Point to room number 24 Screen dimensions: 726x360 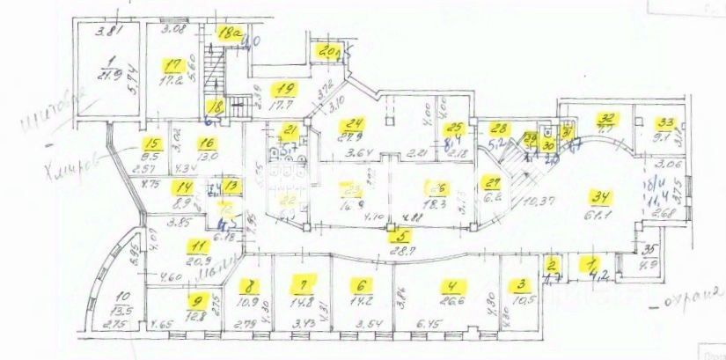pos(355,123)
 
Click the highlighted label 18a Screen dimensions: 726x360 pos(231,33)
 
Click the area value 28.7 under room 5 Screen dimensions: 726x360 pos(402,251)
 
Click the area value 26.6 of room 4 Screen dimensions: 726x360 pos(453,299)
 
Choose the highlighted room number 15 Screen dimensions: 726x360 pos(152,146)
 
